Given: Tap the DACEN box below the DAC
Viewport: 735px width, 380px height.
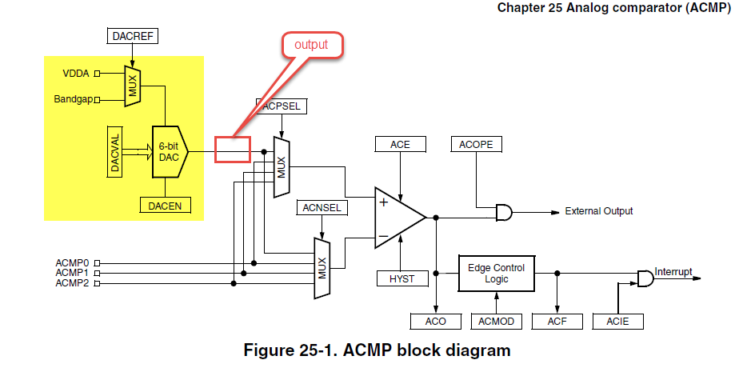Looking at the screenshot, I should tap(166, 206).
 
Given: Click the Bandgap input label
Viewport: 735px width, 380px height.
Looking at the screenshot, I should tap(73, 99).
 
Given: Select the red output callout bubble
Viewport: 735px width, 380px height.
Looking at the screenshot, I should tap(311, 45).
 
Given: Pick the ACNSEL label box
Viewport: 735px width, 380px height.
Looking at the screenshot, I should tap(322, 208).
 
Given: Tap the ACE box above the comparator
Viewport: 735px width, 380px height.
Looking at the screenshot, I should tap(400, 144).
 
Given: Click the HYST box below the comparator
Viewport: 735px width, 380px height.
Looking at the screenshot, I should tap(401, 278).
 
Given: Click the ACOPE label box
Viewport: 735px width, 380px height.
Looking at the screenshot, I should tap(477, 144).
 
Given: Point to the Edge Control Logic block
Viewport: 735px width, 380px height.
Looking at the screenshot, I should tap(497, 274).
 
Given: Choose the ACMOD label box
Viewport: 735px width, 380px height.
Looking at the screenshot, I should tap(497, 322).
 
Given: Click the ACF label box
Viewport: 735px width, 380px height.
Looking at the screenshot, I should tap(557, 322).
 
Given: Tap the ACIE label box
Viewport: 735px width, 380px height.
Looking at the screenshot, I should tap(618, 322).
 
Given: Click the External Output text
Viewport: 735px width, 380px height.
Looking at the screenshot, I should tap(598, 211).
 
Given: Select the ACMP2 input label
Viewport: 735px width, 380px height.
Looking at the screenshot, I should tap(72, 283).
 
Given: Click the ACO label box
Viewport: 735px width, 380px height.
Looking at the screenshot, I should tap(436, 322).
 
